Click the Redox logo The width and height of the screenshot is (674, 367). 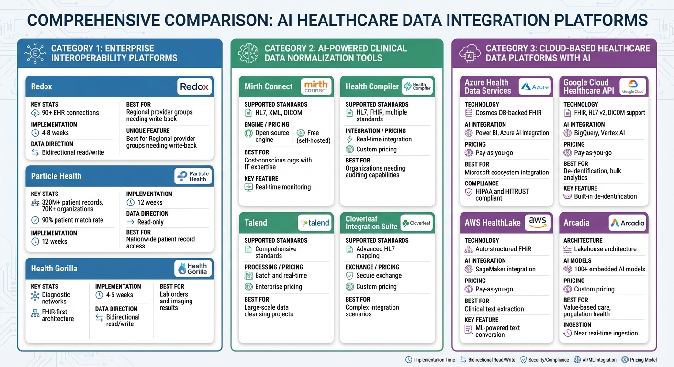pyautogui.click(x=194, y=87)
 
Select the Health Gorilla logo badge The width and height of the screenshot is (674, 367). pyautogui.click(x=193, y=269)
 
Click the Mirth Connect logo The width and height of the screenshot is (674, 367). pyautogui.click(x=316, y=86)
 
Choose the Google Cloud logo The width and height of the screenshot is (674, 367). pyautogui.click(x=632, y=86)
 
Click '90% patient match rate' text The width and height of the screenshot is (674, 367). pyautogui.click(x=72, y=220)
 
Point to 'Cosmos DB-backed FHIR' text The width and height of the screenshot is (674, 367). pyautogui.click(x=508, y=113)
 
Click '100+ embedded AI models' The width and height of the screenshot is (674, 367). pyautogui.click(x=609, y=269)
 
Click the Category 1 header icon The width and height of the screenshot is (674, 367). pyautogui.click(x=35, y=53)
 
